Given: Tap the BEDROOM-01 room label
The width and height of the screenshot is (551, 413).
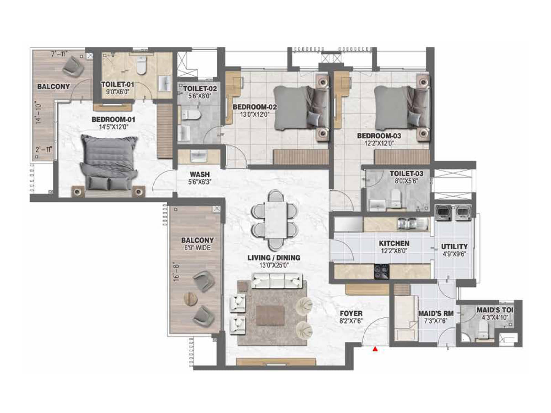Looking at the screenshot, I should click(113, 120).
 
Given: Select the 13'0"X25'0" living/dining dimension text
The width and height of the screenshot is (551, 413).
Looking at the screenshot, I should click(274, 265).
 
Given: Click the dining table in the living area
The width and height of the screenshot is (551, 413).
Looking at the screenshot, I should click(274, 220).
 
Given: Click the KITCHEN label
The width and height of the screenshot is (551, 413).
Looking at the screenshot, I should click(394, 244).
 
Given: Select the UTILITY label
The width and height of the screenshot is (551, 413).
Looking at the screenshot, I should click(454, 246).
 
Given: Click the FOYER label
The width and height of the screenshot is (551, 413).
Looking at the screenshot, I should click(351, 314).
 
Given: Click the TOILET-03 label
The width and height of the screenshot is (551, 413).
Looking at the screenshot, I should click(406, 173).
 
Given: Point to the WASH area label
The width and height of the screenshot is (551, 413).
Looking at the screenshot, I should click(200, 174).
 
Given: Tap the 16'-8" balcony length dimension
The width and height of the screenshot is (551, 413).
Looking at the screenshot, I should click(177, 272).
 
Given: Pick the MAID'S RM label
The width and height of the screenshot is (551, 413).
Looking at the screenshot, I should click(436, 314).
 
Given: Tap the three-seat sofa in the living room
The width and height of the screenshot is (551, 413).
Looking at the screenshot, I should click(277, 281).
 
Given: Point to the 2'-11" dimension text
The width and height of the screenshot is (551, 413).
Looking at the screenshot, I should click(44, 149).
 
